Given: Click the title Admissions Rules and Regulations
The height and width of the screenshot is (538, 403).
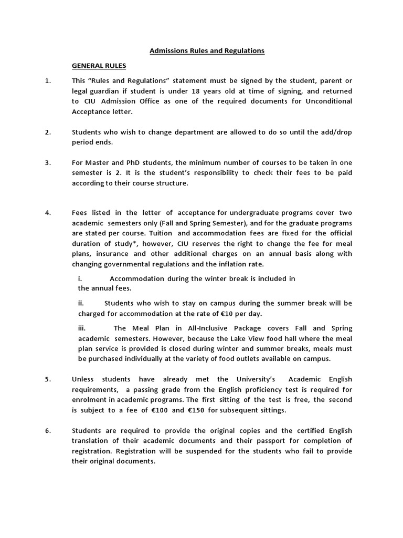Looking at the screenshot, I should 207,51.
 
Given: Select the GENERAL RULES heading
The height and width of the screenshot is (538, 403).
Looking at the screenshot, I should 99,66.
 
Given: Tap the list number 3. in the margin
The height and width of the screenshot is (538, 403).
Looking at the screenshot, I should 48,162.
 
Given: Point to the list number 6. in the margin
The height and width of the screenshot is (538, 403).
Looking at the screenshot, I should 48,431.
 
